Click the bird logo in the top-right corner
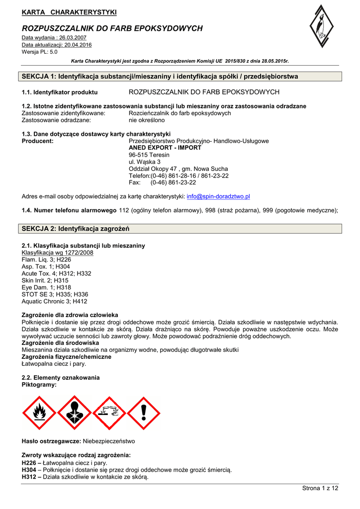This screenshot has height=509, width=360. point(322,31)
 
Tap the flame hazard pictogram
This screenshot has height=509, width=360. point(39,413)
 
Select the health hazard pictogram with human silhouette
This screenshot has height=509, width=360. point(74,413)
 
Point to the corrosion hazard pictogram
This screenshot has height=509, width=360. point(108,413)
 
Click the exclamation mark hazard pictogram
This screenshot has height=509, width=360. point(143,413)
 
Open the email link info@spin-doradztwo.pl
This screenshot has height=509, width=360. point(218,197)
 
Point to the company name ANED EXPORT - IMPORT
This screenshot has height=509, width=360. point(165,148)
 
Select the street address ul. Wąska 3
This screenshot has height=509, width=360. point(145,162)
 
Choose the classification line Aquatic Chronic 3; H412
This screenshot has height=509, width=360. point(55,301)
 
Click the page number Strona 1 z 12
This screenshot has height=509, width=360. point(320,488)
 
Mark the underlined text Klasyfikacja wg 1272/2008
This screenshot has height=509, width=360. point(58,253)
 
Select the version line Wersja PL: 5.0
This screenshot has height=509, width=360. point(40,51)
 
